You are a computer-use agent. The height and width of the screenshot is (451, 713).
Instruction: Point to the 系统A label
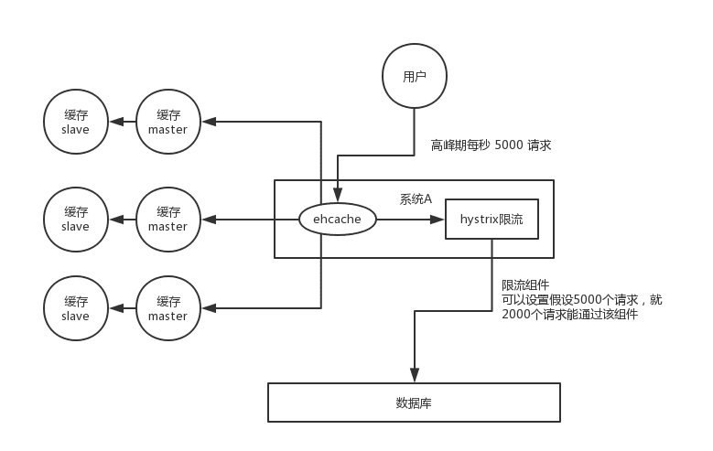pos(416,199)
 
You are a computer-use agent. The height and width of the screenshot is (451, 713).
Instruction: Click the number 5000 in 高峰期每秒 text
pos(508,145)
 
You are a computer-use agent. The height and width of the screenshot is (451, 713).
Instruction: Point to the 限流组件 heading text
pos(525,285)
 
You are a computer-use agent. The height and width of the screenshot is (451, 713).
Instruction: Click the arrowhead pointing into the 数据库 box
pos(415,375)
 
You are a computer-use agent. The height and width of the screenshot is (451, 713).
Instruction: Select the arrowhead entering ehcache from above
pos(338,194)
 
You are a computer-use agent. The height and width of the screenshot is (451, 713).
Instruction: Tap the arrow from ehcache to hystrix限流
pos(411,220)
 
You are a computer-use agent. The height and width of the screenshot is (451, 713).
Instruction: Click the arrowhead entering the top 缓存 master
pos(210,122)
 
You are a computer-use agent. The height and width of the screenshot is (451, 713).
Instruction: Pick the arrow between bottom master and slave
pos(123,308)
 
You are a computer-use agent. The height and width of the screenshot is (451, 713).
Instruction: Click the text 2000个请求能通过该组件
pos(570,314)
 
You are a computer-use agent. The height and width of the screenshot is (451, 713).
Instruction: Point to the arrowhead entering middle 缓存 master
pos(210,220)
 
